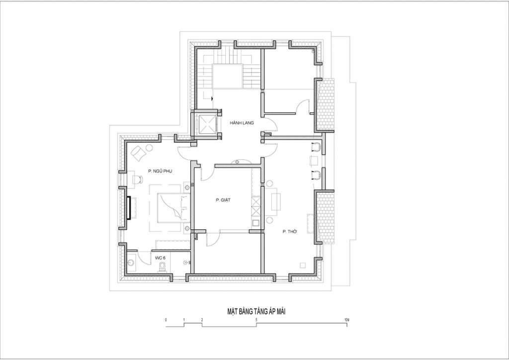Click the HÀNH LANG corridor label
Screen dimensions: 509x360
pos(242,123)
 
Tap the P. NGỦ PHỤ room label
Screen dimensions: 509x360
pos(160,171)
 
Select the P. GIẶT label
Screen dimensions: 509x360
pos(223,200)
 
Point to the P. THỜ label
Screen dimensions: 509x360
pos(290,232)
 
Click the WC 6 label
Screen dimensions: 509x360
pos(160,258)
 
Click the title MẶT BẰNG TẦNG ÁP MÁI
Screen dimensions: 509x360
pos(256,312)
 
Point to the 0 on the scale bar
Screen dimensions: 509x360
pos(166,320)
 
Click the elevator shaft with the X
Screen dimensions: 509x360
pos(207,125)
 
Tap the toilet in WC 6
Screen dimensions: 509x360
pos(163,267)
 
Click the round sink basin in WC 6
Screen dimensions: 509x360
pos(132,263)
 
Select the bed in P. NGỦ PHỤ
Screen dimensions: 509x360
pos(173,208)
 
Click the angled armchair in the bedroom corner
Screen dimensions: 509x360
pos(139,152)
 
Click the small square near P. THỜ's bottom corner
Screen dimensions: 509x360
pos(303,265)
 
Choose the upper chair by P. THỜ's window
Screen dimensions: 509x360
pos(316,147)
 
